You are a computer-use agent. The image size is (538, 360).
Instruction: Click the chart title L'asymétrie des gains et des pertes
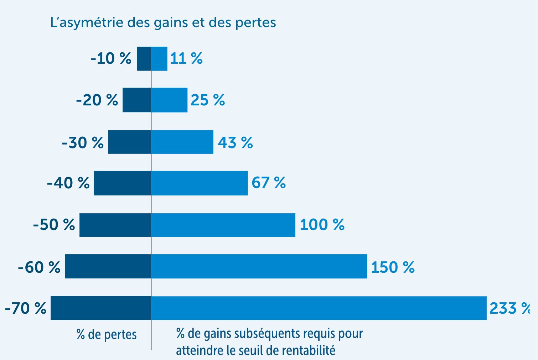tap(163, 22)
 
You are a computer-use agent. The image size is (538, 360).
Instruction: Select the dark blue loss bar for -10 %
tap(144, 59)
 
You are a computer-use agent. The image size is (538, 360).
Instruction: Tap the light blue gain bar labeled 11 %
tap(159, 59)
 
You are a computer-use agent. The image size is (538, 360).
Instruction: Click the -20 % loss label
tap(97, 100)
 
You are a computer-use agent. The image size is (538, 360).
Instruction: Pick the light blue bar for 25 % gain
tap(169, 100)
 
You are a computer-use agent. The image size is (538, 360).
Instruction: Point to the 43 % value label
tap(235, 142)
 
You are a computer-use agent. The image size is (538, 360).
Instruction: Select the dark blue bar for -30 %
tap(130, 142)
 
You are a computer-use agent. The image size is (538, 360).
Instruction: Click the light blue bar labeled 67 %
tap(200, 183)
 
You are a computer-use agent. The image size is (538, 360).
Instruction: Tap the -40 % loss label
tap(68, 183)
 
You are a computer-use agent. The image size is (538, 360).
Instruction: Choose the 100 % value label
tap(322, 225)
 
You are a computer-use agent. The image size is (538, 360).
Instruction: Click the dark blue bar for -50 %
tap(115, 225)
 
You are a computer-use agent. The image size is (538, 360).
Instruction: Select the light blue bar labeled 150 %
tap(259, 266)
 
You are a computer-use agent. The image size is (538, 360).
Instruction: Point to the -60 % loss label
tap(39, 267)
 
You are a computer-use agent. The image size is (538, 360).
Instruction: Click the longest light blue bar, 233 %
tap(319, 308)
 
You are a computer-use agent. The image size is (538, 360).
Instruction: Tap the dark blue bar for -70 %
tap(101, 308)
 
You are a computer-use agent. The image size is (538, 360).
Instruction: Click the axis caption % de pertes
tap(107, 335)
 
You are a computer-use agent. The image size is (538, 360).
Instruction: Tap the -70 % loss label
tap(26, 308)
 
